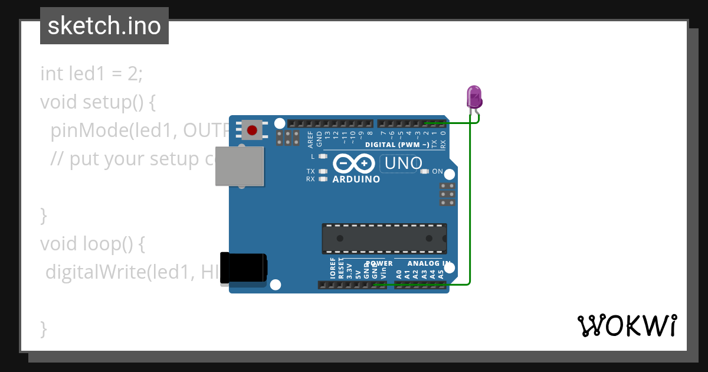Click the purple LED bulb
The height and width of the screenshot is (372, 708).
(474, 96)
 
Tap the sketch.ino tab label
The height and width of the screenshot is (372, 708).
(104, 26)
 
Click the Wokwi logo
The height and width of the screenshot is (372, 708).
(627, 325)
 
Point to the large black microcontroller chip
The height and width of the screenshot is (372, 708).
(383, 239)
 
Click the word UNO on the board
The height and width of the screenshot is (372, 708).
(403, 163)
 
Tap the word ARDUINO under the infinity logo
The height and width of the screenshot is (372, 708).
(356, 179)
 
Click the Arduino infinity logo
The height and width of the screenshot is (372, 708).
(354, 163)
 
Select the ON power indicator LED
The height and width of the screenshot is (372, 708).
(424, 172)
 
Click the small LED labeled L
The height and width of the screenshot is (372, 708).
(322, 156)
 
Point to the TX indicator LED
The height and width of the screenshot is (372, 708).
(322, 171)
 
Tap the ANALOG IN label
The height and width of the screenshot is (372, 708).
(428, 263)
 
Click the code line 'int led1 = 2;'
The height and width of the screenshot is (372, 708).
(91, 74)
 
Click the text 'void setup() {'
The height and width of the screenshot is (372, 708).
(98, 102)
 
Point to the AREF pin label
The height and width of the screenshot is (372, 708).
(311, 139)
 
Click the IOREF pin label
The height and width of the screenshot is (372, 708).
(333, 269)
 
